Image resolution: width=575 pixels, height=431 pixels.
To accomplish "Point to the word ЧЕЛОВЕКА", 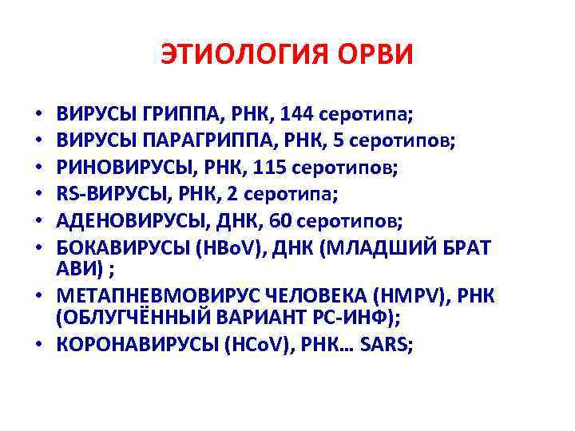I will tap(304, 295).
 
